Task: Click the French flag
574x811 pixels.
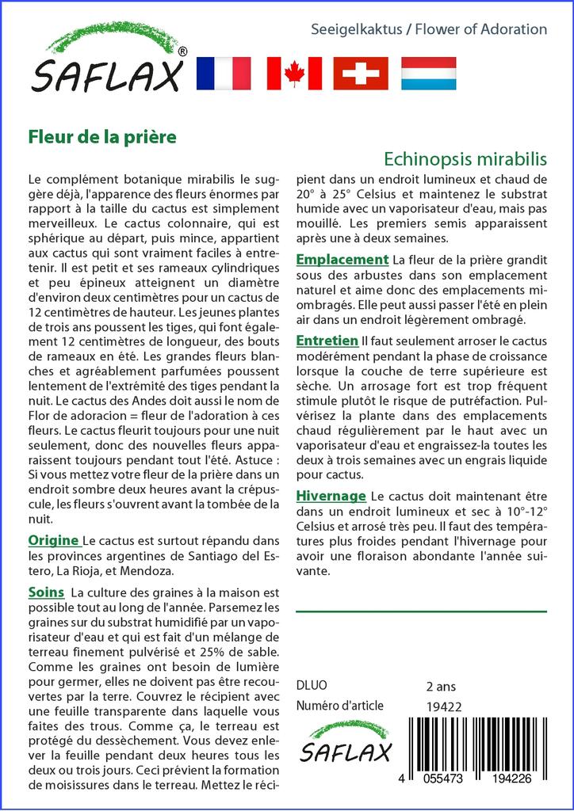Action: pos(223,74)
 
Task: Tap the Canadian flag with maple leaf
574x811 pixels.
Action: pos(293,74)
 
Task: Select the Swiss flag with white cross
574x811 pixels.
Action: pos(360,74)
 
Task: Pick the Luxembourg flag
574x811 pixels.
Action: pos(428,74)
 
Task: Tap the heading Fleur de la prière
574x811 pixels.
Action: pos(102,136)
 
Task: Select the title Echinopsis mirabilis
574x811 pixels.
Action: pos(465,158)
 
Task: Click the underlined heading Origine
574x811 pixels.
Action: pos(53,541)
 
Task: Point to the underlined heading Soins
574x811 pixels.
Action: pos(46,592)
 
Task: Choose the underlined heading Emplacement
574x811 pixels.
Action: pos(342,260)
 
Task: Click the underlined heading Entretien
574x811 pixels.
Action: pos(327,341)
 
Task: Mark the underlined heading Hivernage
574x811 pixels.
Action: pos(331,496)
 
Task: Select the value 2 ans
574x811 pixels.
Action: pos(441,686)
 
